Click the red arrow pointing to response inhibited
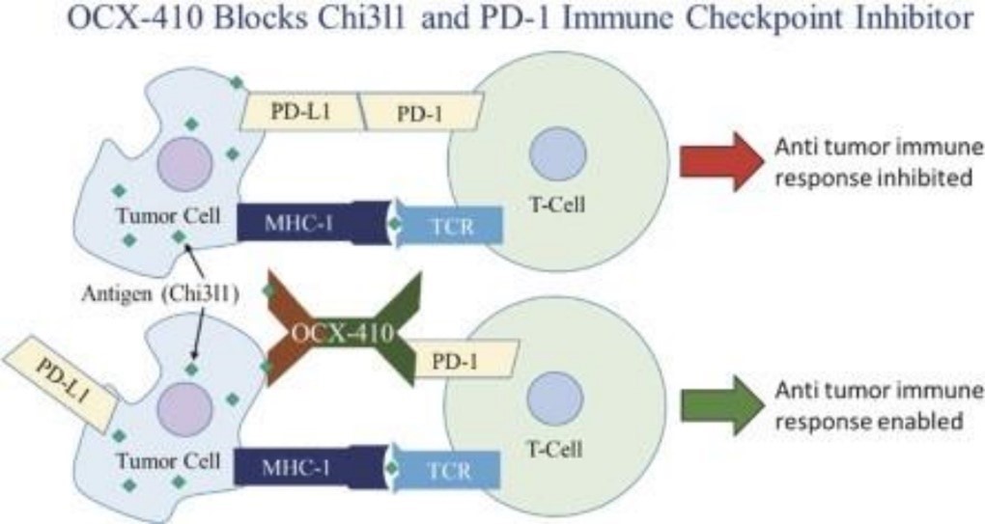click(720, 161)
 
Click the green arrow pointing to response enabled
click(720, 405)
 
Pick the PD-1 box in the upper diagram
click(422, 114)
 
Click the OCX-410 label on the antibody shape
click(344, 334)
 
